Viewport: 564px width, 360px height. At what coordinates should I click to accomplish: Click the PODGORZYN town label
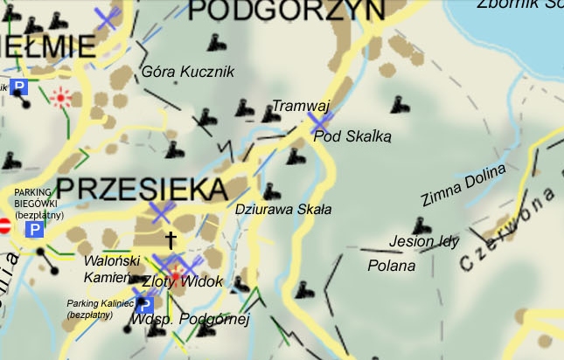(287, 9)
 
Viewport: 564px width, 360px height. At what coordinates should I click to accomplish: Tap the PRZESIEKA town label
(142, 188)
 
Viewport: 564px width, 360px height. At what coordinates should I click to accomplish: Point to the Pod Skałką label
(352, 136)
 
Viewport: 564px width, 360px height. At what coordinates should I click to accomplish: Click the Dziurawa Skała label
(283, 210)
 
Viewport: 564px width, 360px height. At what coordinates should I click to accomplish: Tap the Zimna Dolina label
(463, 185)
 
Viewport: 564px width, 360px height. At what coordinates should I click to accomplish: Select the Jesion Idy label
(424, 241)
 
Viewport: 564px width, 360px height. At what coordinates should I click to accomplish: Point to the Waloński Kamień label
(113, 268)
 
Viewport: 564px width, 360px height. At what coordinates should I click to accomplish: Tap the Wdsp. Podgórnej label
(190, 320)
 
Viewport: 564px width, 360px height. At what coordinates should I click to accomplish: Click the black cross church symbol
(171, 239)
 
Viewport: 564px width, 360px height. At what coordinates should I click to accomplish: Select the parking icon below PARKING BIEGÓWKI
(34, 230)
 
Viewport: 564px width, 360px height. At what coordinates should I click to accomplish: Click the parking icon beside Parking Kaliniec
(146, 305)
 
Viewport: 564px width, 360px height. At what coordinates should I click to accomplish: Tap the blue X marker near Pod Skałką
(319, 123)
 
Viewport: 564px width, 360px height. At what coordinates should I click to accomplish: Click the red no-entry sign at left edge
(3, 225)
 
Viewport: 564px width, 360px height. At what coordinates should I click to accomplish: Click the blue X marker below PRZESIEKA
(163, 211)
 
